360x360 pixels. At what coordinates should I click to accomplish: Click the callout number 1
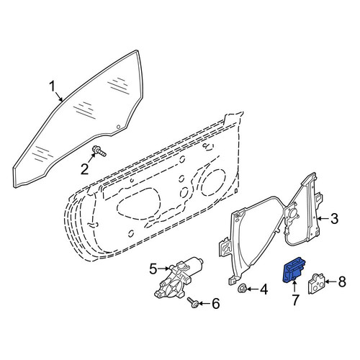coord(53,87)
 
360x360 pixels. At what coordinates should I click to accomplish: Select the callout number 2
coord(84,169)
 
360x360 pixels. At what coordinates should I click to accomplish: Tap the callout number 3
coord(334,219)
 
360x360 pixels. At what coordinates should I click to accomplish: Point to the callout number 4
coord(264,289)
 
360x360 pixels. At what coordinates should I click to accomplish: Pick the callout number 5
coord(153,269)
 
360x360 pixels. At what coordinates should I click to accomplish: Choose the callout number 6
coord(215,304)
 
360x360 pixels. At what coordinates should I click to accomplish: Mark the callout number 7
coord(295,300)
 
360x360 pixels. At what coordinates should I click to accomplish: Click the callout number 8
coord(342,282)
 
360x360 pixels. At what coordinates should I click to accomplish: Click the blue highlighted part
coord(294,271)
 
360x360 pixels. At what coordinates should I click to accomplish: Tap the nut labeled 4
coord(242,289)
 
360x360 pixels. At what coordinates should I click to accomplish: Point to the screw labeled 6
coord(193,302)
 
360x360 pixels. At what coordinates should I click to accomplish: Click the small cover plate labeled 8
coord(316,284)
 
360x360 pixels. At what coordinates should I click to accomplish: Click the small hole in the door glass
coord(118,127)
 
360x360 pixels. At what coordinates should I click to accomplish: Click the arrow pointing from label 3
coord(323,218)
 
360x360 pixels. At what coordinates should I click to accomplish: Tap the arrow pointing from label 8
coord(330,282)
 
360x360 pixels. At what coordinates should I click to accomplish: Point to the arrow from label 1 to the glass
coord(59,96)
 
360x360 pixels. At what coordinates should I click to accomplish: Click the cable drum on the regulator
coord(292,213)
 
